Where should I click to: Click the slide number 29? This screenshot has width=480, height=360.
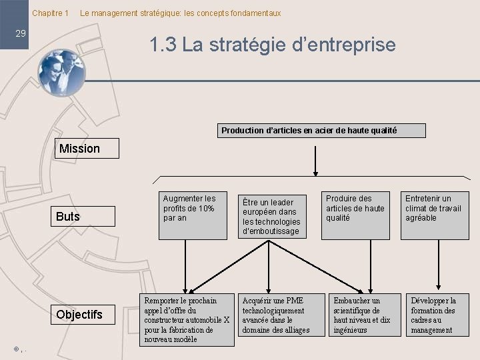21,33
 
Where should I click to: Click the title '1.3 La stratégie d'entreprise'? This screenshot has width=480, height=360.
273,45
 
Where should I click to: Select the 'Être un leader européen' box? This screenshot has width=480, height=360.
273,215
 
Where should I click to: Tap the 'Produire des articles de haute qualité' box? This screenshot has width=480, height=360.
357,215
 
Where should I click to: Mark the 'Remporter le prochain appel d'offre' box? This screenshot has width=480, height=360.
187,319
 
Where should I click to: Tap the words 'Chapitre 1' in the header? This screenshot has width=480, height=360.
51,13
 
